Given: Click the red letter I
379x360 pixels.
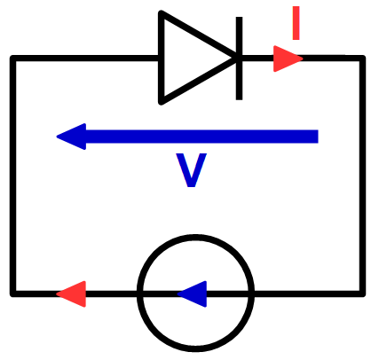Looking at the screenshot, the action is pyautogui.click(x=296, y=23).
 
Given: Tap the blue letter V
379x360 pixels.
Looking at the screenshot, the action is pyautogui.click(x=191, y=170).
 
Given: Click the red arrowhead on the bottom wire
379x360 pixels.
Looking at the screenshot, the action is pyautogui.click(x=71, y=293).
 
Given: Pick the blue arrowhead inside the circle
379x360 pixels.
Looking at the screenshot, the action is pyautogui.click(x=192, y=293).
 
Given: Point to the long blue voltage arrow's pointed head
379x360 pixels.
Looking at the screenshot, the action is pyautogui.click(x=57, y=137).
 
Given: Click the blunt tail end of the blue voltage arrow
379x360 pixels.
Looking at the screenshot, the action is pyautogui.click(x=318, y=137).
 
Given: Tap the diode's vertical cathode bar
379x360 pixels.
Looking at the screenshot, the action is pyautogui.click(x=239, y=59).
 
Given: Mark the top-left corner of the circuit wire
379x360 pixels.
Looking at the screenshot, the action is pyautogui.click(x=13, y=59).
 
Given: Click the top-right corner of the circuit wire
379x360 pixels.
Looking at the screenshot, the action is pyautogui.click(x=362, y=59).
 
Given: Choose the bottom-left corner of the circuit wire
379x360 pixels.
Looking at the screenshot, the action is pyautogui.click(x=13, y=293).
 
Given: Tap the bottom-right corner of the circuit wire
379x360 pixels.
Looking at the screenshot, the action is pyautogui.click(x=362, y=293).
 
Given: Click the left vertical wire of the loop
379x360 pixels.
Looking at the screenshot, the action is pyautogui.click(x=13, y=176).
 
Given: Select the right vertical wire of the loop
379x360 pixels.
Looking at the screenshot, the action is pyautogui.click(x=362, y=176).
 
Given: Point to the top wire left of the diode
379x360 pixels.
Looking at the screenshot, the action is pyautogui.click(x=86, y=59).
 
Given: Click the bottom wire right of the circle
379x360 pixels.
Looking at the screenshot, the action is pyautogui.click(x=308, y=293).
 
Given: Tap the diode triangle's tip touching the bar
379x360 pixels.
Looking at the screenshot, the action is pyautogui.click(x=236, y=58).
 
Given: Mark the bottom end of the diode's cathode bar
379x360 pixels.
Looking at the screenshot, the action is pyautogui.click(x=239, y=99).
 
